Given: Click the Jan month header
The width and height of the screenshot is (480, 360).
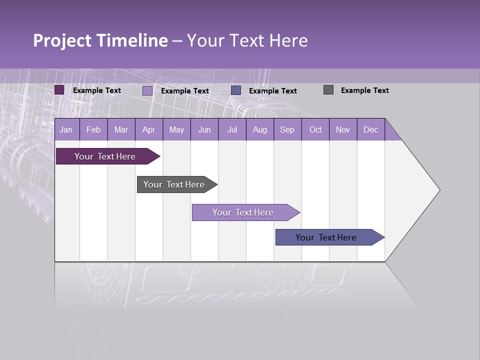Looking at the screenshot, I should click(x=66, y=129).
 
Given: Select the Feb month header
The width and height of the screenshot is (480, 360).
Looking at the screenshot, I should click(x=93, y=129).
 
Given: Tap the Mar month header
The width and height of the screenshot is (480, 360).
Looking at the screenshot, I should click(x=121, y=129).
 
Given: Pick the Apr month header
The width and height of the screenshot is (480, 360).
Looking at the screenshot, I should click(x=149, y=129).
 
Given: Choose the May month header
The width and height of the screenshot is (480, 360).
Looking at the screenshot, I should click(x=176, y=129).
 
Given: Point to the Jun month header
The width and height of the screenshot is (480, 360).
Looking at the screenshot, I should click(x=204, y=129).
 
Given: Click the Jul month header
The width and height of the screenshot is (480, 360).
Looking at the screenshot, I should click(x=232, y=129).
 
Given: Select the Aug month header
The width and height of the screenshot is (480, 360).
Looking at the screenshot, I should click(x=260, y=129).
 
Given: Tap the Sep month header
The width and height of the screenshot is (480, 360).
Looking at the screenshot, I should click(x=287, y=129).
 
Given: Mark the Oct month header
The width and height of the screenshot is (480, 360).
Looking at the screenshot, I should click(x=315, y=129).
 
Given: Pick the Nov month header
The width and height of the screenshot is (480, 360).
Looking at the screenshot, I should click(x=343, y=129).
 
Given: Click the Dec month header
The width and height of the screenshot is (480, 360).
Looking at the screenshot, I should click(x=371, y=129).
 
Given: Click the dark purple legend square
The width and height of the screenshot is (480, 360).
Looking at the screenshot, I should click(x=59, y=90).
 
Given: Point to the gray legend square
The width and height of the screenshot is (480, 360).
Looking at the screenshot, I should click(x=328, y=90).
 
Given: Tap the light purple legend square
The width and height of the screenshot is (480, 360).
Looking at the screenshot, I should click(x=147, y=90).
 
